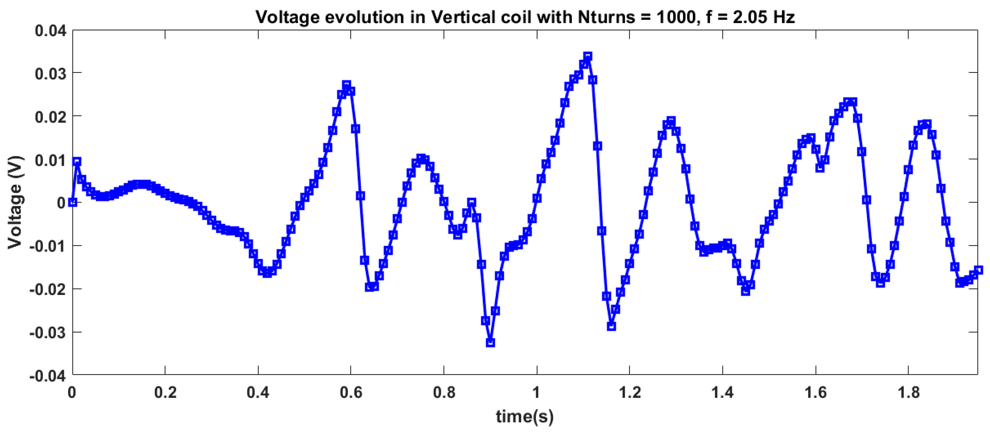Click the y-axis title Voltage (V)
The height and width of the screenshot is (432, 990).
(x=15, y=202)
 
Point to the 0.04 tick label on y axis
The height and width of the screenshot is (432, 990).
(x=50, y=30)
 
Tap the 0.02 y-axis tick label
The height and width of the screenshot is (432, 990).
(x=50, y=117)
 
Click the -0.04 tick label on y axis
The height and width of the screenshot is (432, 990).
(x=48, y=375)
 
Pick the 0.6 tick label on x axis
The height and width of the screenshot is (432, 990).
(x=351, y=393)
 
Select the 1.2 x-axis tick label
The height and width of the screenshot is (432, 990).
(x=630, y=393)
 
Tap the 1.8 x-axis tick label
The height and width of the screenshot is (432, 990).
(x=909, y=393)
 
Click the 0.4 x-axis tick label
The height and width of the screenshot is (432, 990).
(x=258, y=393)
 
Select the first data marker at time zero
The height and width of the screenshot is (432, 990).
(x=73, y=202)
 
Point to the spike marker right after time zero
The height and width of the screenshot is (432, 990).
(x=77, y=161)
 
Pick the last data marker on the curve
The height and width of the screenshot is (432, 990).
(x=979, y=270)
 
